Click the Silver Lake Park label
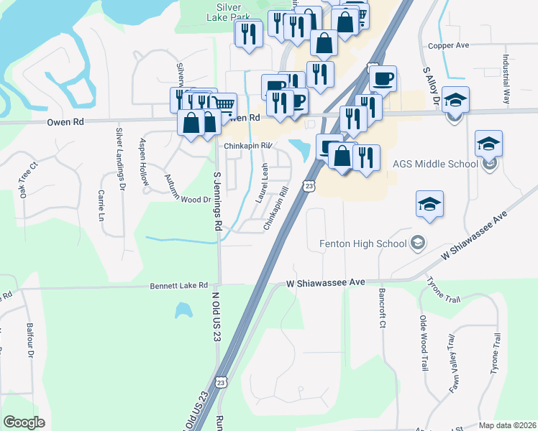(229, 13)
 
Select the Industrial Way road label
(506, 79)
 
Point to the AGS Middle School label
(435, 164)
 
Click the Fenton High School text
(363, 244)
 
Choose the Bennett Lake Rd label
(178, 285)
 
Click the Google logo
(24, 422)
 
